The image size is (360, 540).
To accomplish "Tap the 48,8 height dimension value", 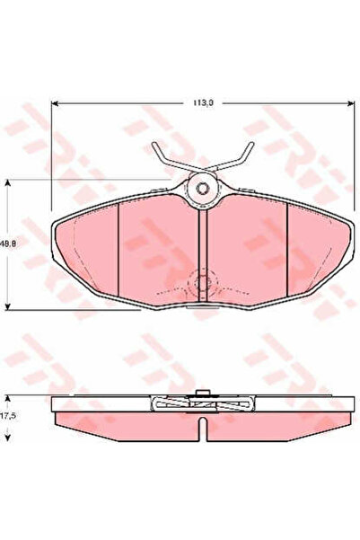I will tap(8, 243).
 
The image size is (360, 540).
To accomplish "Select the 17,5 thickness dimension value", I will tap(7, 416).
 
